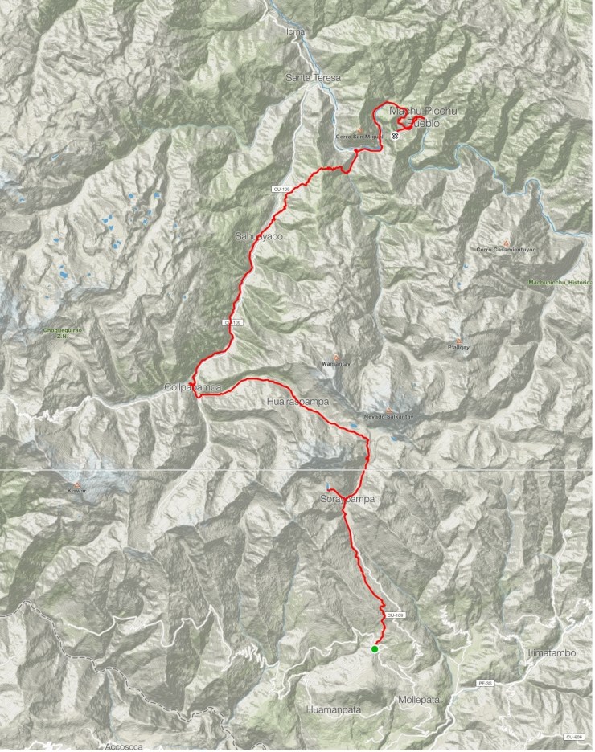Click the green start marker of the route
pyautogui.click(x=375, y=649)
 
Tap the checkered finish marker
pyautogui.click(x=396, y=136)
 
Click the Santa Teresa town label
pyautogui.click(x=314, y=78)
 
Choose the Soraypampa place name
pyautogui.click(x=343, y=499)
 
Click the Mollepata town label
pyautogui.click(x=420, y=700)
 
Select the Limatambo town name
pyautogui.click(x=552, y=653)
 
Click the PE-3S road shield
pyautogui.click(x=485, y=683)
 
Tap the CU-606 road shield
pyautogui.click(x=572, y=737)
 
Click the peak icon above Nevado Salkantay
pyautogui.click(x=388, y=411)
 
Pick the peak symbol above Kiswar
pyautogui.click(x=76, y=484)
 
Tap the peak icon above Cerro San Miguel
pyautogui.click(x=359, y=129)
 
